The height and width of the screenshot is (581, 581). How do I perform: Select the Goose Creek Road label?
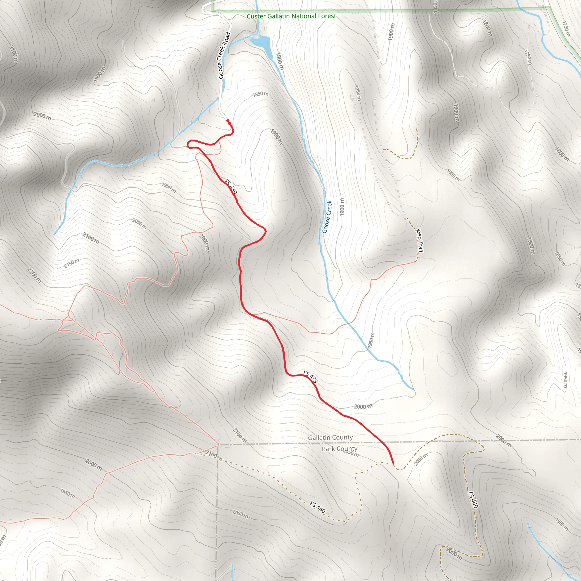point(224,56)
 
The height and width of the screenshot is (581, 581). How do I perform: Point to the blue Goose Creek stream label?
point(327,216)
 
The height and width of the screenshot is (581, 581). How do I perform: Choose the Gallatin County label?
point(330,437)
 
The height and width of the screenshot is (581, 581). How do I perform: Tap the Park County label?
point(340,449)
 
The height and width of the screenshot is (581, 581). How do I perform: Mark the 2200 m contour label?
point(34,275)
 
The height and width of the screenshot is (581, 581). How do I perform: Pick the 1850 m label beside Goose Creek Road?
point(260,94)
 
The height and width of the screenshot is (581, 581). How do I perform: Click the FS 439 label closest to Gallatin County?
point(310,376)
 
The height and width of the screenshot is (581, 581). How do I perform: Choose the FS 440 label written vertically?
point(473,500)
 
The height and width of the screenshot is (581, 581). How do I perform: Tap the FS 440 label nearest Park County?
point(317,507)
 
